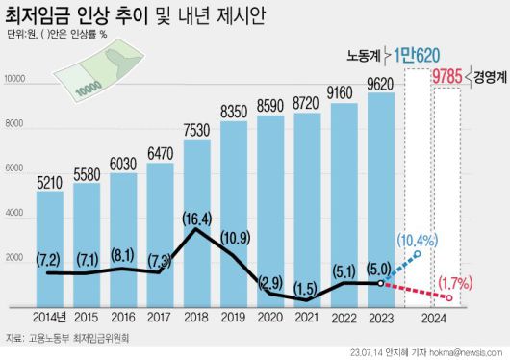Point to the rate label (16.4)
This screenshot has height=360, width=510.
(196, 219)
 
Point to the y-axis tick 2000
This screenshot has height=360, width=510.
(16, 257)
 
